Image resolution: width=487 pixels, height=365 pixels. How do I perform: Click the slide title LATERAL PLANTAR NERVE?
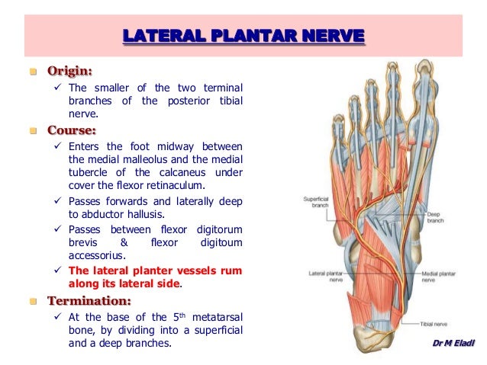tap(243, 36)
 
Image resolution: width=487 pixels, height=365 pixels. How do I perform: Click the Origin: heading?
tap(70, 72)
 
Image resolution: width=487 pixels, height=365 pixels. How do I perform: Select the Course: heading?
tap(70, 129)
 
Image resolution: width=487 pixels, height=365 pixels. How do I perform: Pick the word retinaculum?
tap(214, 184)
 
